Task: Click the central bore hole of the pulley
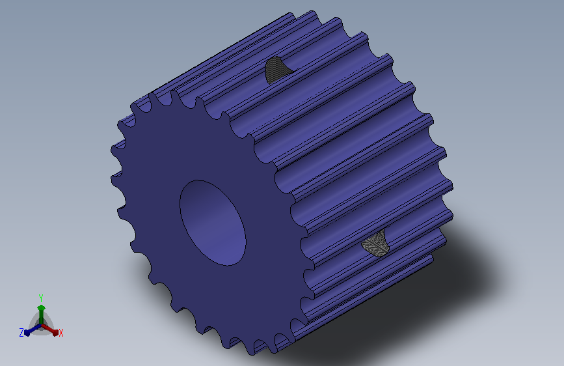[x=213, y=223]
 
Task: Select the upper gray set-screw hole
[x=276, y=70]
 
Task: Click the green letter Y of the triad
[x=41, y=298]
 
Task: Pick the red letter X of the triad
[x=60, y=333]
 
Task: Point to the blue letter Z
[x=21, y=333]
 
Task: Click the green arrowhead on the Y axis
[x=41, y=307]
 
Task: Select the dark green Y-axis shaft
[x=41, y=317]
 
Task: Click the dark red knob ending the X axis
[x=55, y=333]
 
